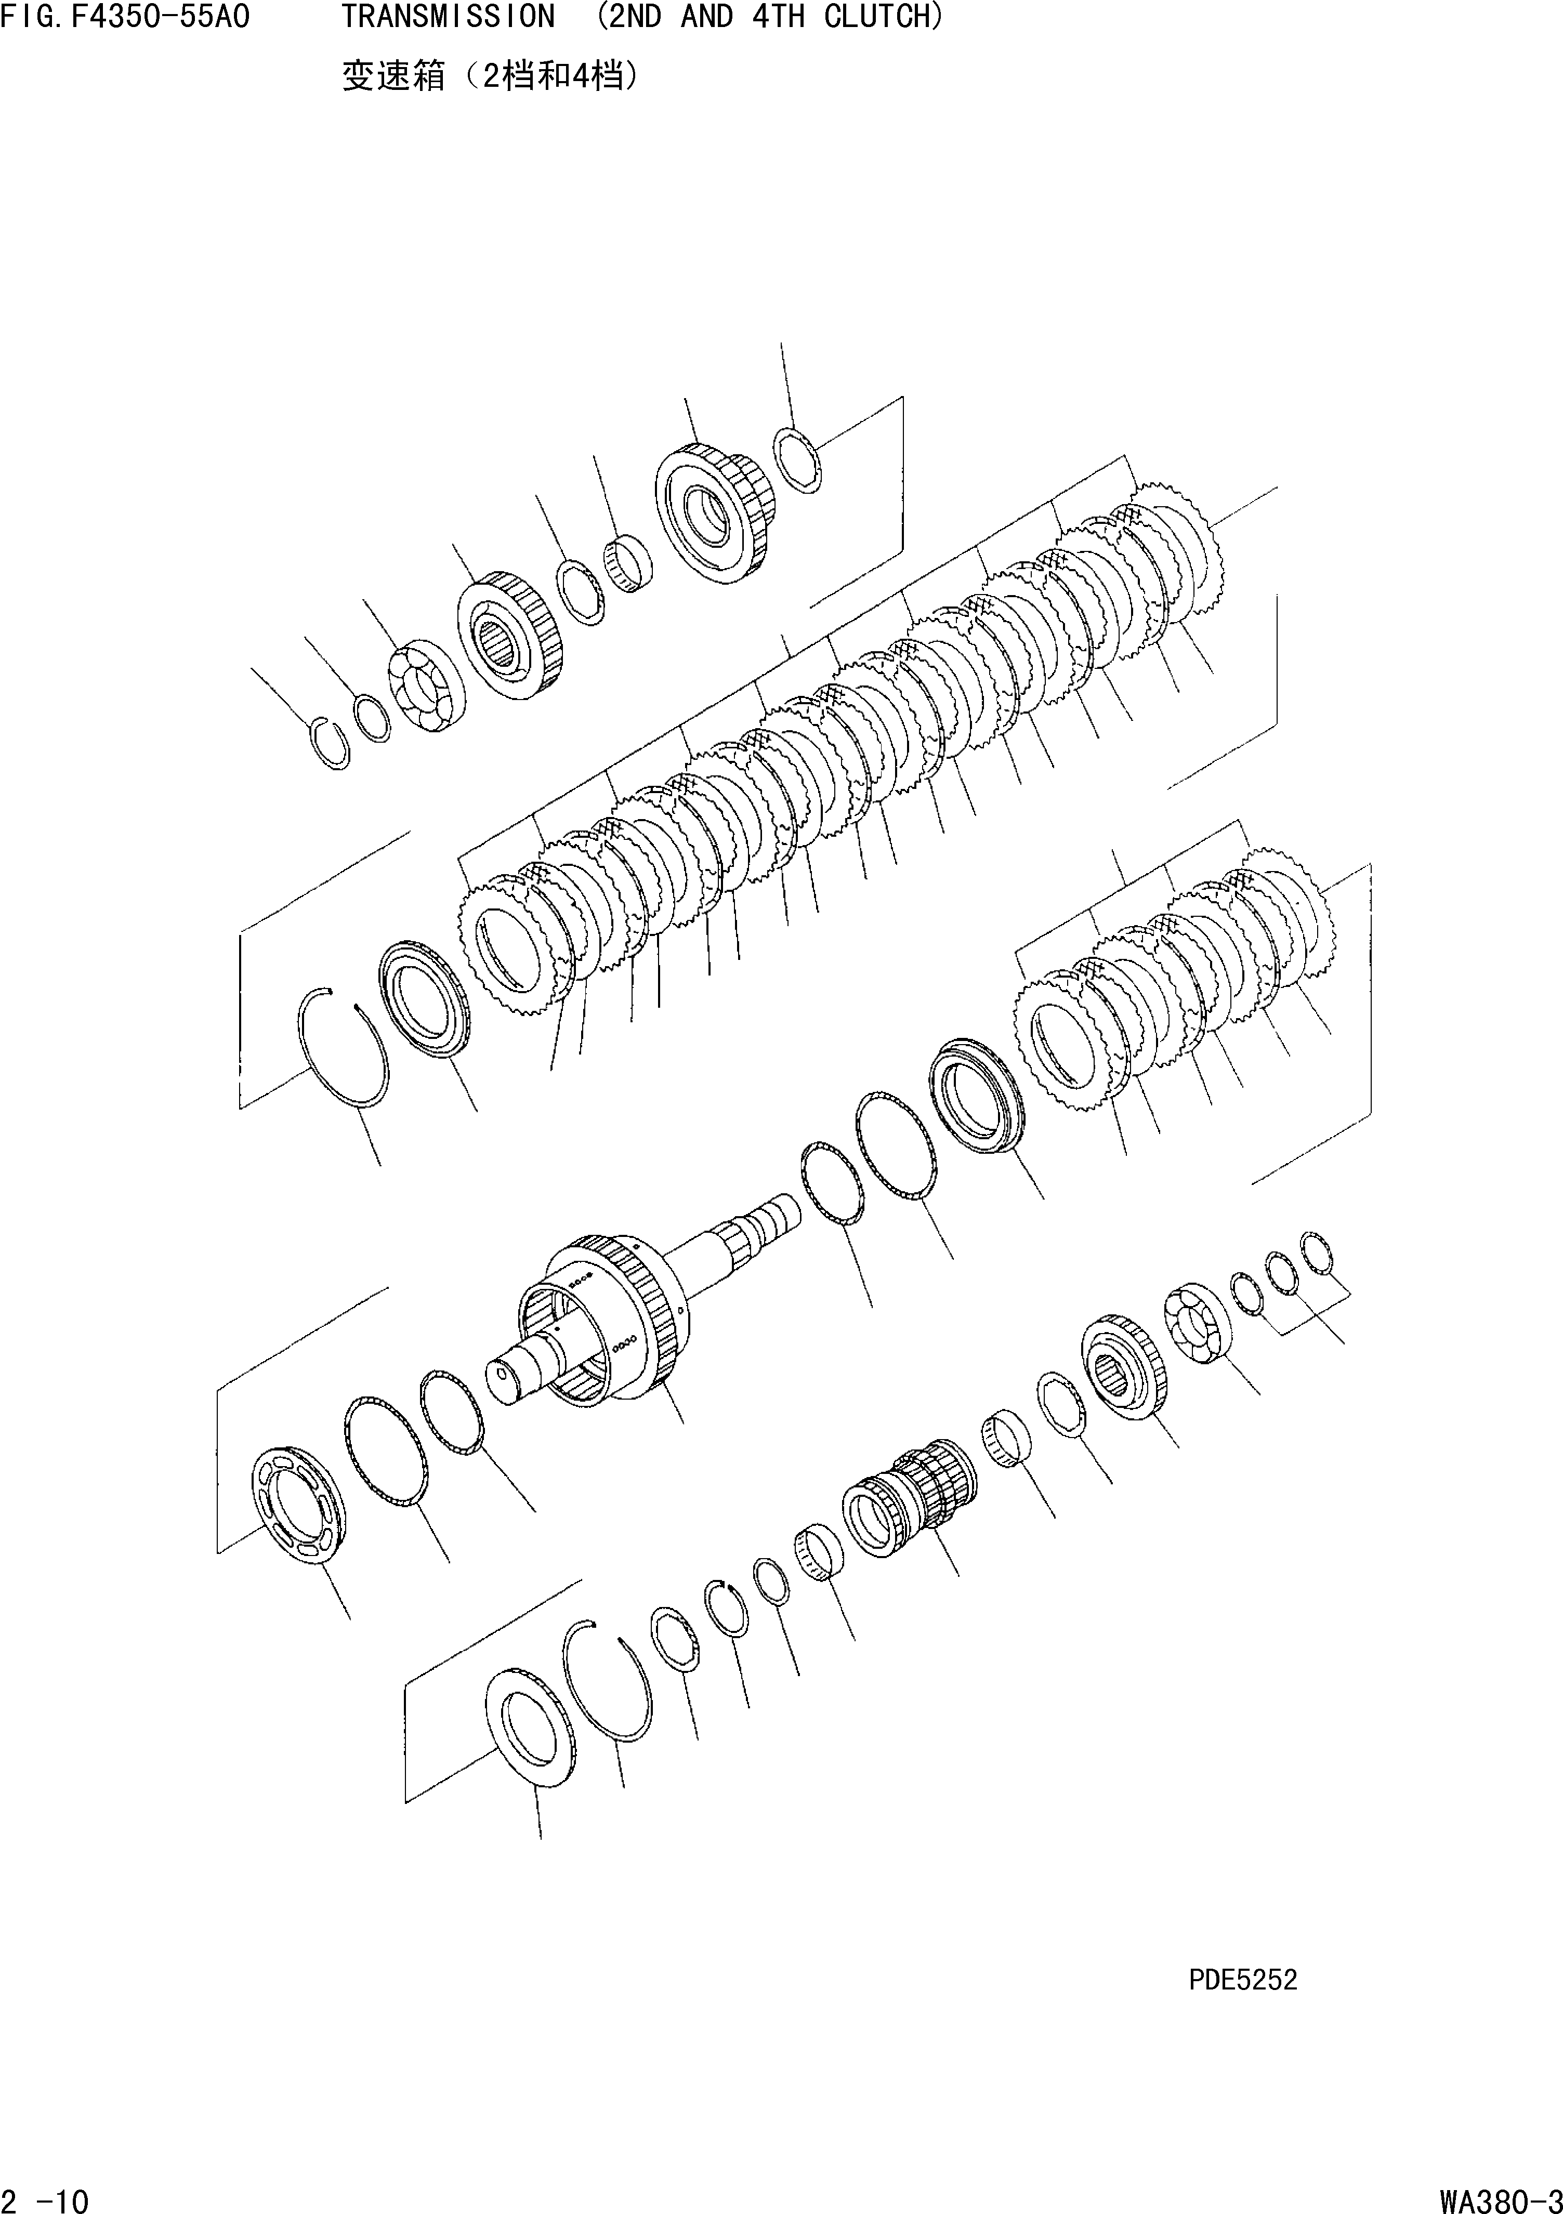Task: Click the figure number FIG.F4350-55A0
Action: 125,17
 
